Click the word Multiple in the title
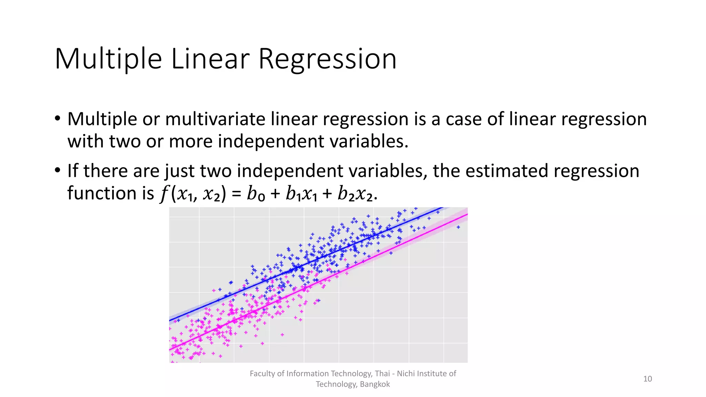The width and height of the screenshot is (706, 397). (x=108, y=59)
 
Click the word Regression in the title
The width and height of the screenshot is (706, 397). (x=327, y=59)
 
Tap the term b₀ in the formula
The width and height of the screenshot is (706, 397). (x=256, y=194)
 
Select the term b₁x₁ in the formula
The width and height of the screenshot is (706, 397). (x=301, y=194)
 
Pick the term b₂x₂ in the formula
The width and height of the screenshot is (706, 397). (x=355, y=194)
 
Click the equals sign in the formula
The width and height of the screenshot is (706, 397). (x=236, y=194)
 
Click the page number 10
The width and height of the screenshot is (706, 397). (x=647, y=379)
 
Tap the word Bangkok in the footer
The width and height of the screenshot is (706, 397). (x=375, y=384)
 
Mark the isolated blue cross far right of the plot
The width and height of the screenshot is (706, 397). (x=458, y=227)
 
